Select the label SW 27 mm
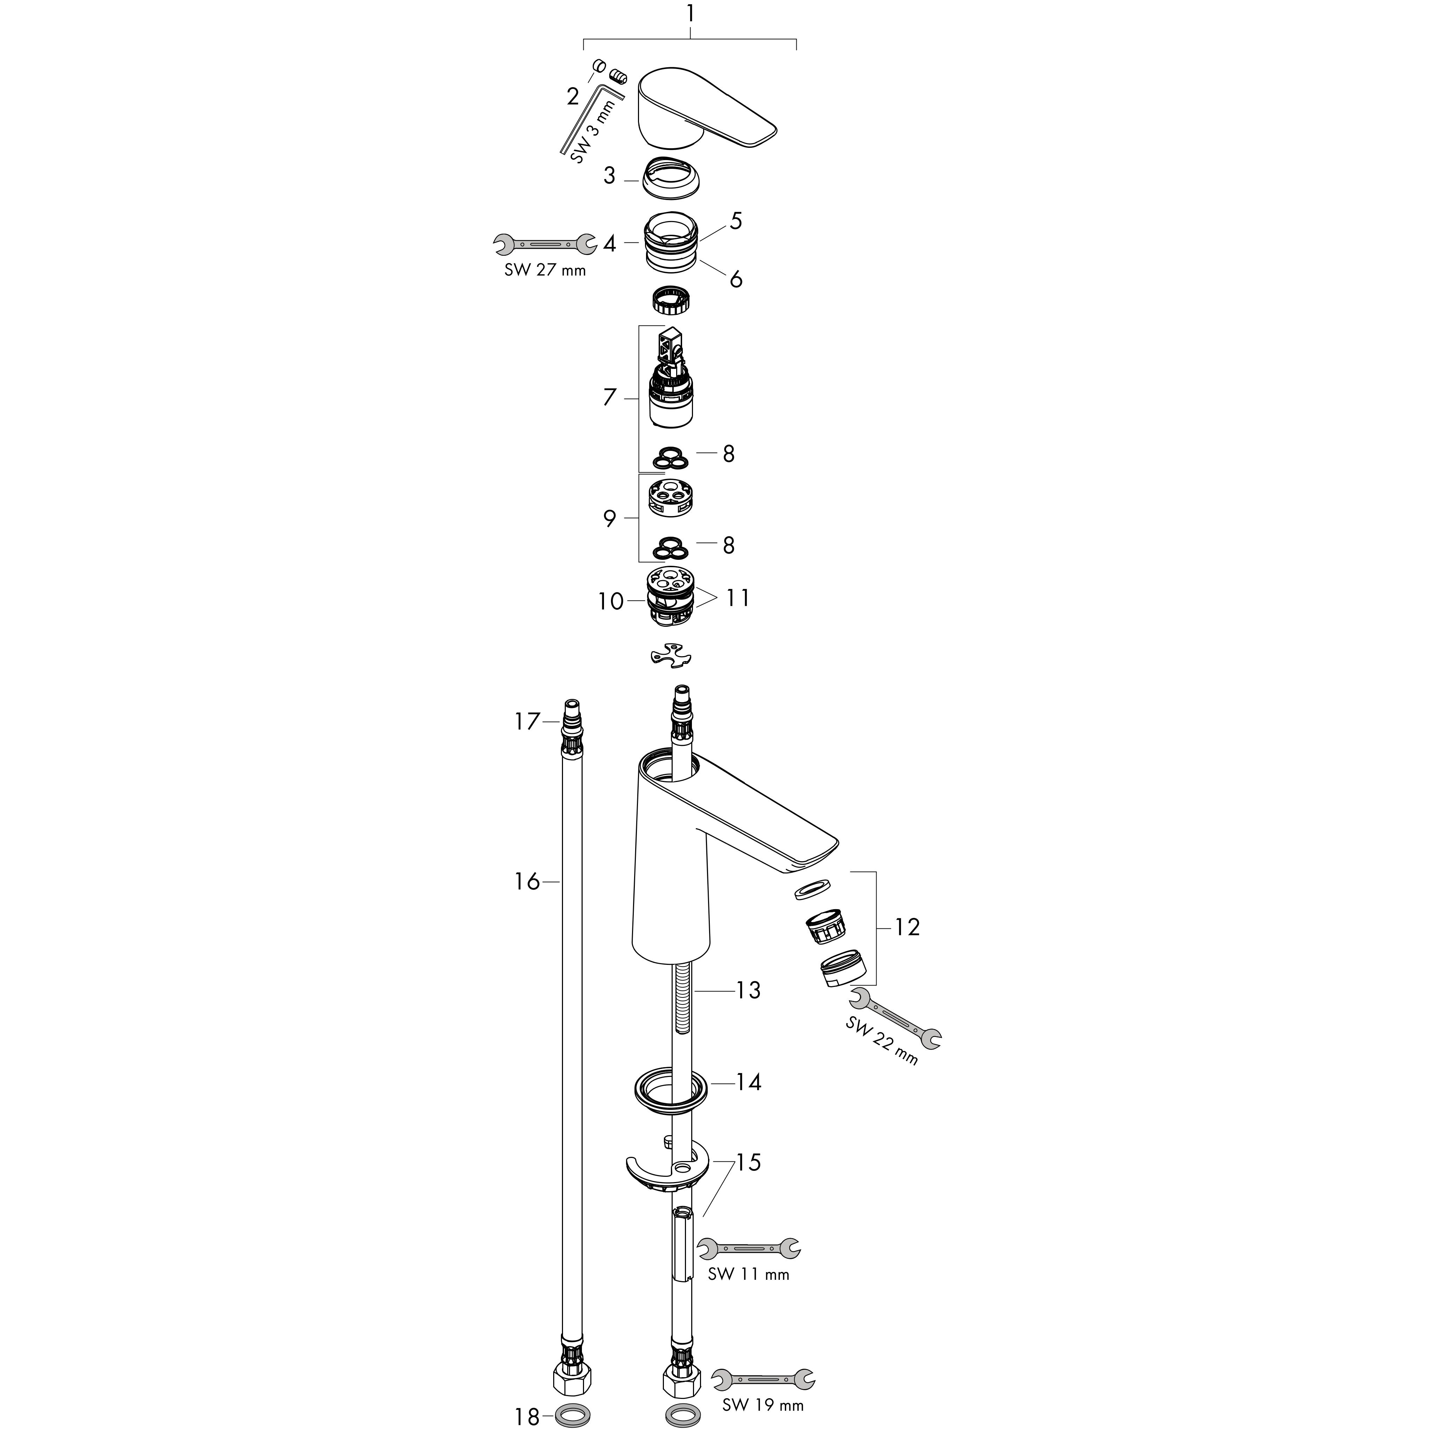(545, 270)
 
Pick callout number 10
(611, 601)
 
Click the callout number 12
(907, 927)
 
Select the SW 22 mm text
(882, 1040)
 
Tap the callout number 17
(527, 721)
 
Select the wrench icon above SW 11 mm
(749, 1249)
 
